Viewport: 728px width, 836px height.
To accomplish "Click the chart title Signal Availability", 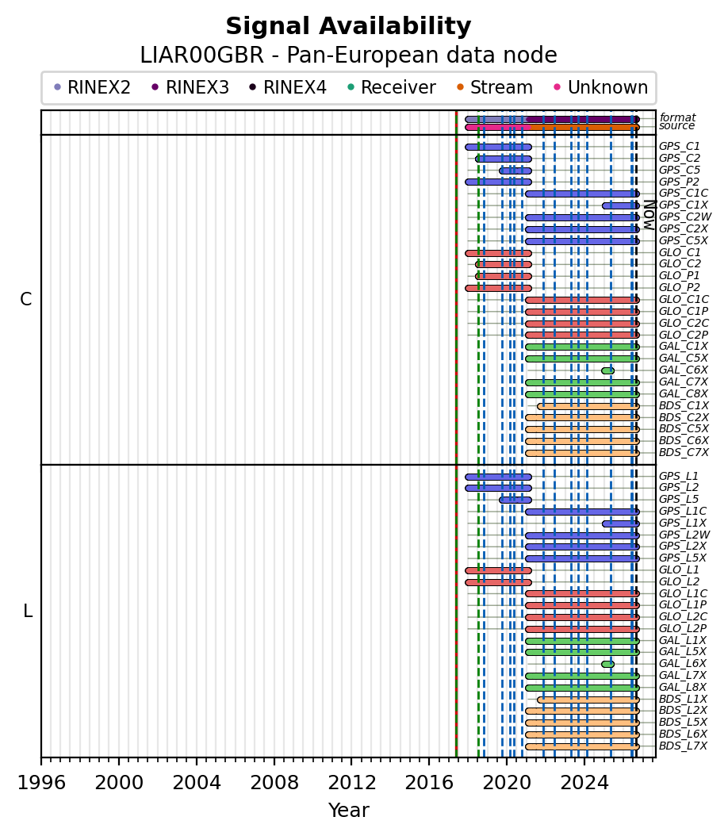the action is pos(349,26).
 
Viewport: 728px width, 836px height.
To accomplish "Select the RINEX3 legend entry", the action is pos(190,87).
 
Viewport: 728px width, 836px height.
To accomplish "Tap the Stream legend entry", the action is pos(495,87).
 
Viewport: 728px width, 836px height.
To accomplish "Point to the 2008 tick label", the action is pos(274,783).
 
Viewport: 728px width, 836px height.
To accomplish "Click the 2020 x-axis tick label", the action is pos(506,783).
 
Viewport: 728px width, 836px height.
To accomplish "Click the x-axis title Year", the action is pos(349,811).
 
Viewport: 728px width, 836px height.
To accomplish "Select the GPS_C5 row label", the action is pos(680,170).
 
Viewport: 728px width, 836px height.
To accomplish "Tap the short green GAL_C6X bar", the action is pos(607,370).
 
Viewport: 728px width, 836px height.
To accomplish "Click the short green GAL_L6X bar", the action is pos(607,665).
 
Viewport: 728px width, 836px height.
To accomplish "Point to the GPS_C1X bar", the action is pos(621,205).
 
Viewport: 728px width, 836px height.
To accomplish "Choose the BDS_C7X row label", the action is pos(684,453).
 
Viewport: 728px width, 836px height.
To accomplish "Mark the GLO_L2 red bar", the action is pos(498,582).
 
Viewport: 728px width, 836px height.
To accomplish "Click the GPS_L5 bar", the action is pos(515,500).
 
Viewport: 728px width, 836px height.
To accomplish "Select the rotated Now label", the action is pos(649,215).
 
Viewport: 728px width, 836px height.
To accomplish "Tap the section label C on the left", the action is pos(25,300).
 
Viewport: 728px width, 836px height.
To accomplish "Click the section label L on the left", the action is pos(28,611).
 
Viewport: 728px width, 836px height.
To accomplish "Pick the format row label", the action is pos(677,117).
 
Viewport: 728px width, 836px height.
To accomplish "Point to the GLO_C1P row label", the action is pos(684,312).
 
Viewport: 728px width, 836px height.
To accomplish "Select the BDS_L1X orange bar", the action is pos(588,700).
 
